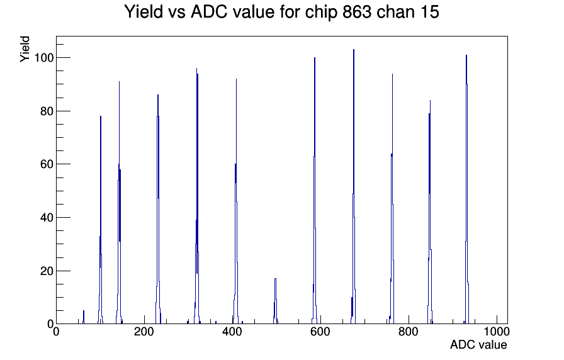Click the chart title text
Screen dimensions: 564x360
click(x=281, y=12)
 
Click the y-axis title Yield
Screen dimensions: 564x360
click(x=25, y=49)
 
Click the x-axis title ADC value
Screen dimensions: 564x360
click(x=478, y=344)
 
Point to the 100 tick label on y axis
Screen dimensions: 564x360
click(x=44, y=57)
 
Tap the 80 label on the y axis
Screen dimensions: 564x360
click(x=47, y=111)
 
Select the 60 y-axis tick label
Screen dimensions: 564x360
click(x=47, y=164)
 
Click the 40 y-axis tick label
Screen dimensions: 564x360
click(x=47, y=218)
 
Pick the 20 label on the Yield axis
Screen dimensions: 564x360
click(x=47, y=271)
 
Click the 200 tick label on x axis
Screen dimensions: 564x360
click(x=144, y=332)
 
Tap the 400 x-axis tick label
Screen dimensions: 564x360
click(x=232, y=332)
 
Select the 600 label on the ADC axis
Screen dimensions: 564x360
click(x=320, y=332)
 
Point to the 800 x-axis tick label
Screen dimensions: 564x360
click(x=409, y=332)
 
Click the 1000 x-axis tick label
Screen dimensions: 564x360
click(x=497, y=332)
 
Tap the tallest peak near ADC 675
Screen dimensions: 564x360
click(x=354, y=186)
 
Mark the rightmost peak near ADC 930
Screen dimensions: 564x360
click(x=466, y=189)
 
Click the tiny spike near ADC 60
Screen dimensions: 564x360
click(x=84, y=317)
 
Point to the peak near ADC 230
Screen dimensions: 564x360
click(x=158, y=209)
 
